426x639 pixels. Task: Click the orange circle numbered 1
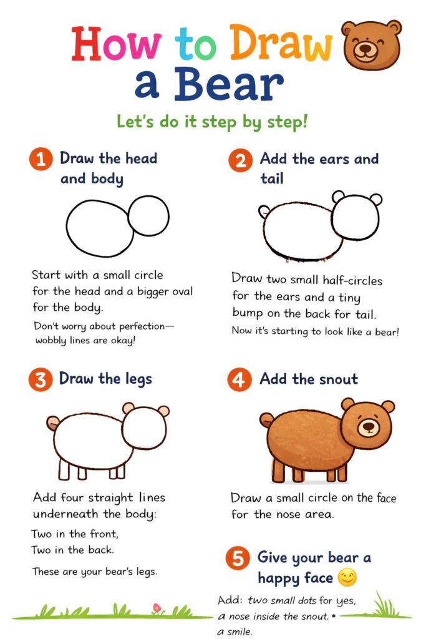tap(41, 159)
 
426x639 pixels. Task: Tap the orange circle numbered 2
tap(240, 160)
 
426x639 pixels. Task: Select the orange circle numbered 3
tap(41, 380)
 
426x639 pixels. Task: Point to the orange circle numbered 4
tap(240, 380)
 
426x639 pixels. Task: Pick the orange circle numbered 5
tap(238, 559)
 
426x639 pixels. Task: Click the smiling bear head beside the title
tap(371, 44)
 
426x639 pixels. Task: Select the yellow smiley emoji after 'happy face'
tap(347, 578)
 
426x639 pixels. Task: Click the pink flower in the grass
tap(157, 608)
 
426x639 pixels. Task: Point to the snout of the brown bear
tap(368, 427)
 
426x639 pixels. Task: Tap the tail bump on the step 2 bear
tap(264, 212)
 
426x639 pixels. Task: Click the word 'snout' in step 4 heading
tap(339, 379)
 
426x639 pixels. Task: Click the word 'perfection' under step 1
tap(142, 326)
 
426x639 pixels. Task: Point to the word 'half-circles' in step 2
tap(352, 281)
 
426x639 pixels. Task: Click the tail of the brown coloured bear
tap(266, 420)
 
